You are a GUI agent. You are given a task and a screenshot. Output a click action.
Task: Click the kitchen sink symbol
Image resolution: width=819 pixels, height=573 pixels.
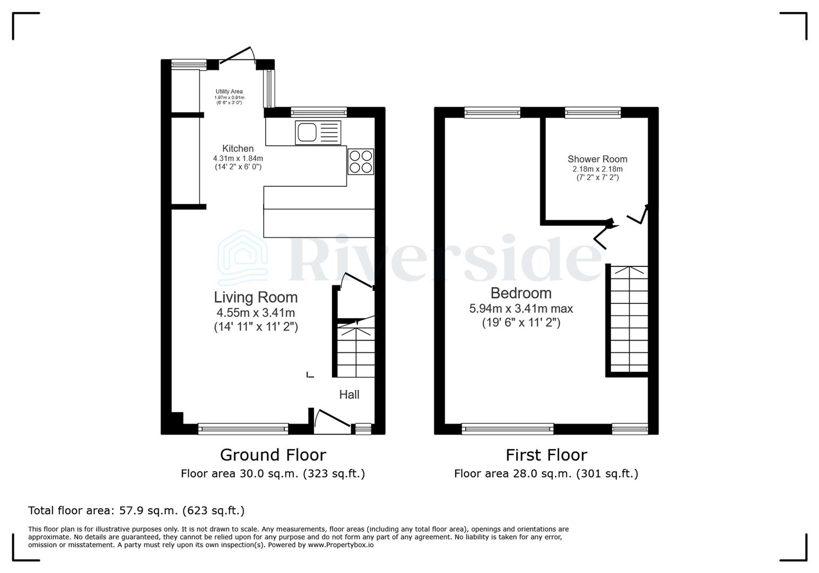coord(318,132)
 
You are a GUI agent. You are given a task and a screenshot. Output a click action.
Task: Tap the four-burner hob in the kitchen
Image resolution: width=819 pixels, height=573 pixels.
coord(361,162)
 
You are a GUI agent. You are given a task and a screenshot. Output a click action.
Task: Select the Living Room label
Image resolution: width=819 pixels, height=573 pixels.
coord(256,297)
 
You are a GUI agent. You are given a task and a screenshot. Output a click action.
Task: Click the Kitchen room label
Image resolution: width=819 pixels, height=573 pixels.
coord(238,149)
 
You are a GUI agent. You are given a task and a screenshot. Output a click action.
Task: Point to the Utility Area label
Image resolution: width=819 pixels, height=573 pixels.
coord(229,92)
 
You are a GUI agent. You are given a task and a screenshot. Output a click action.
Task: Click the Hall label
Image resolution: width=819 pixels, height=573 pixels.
coord(349,395)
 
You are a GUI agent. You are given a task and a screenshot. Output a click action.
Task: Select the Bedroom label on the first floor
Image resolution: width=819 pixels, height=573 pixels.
coord(521,293)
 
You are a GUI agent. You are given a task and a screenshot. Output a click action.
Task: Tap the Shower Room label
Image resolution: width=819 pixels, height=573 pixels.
coord(597,159)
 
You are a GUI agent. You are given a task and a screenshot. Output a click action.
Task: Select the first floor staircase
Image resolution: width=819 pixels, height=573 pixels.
coord(629,319)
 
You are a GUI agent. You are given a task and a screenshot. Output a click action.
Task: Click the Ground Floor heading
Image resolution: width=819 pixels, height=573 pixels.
coord(273,455)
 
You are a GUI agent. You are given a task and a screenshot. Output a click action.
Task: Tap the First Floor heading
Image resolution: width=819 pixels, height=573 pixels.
coord(546,455)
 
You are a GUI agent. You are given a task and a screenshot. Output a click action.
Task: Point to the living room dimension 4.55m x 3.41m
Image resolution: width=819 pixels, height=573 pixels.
coord(256,313)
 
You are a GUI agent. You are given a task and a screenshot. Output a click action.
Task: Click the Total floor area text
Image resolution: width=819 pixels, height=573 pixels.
coord(136,511)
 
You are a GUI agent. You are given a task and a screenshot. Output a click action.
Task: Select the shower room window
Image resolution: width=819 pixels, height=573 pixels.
coord(593,112)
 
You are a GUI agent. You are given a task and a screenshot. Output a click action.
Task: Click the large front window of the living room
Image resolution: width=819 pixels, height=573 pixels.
coord(243,429)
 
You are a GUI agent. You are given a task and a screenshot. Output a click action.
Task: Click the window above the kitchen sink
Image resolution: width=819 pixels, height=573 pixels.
coord(318,112)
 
